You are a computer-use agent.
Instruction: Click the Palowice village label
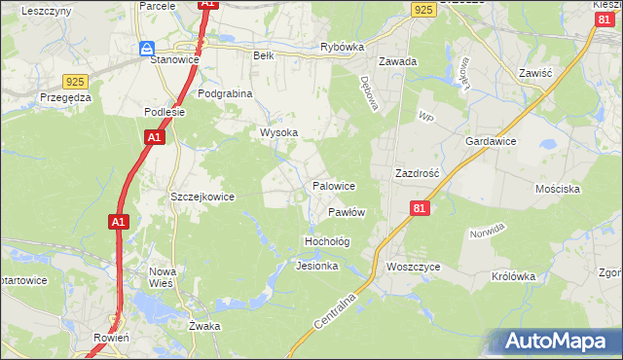(333, 185)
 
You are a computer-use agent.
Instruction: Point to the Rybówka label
(342, 47)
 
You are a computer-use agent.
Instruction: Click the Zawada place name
(398, 61)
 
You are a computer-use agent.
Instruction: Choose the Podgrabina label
(225, 93)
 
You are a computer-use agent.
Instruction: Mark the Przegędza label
(66, 97)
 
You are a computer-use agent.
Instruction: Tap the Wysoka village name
(277, 132)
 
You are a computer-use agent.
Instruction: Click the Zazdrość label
(418, 172)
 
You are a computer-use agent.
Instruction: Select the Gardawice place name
(491, 141)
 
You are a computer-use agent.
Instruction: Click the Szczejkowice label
(202, 197)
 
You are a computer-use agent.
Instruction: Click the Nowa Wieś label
(161, 277)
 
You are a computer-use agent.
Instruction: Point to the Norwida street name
(487, 233)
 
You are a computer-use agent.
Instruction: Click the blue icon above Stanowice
(147, 48)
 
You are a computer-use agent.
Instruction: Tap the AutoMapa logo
(559, 341)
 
